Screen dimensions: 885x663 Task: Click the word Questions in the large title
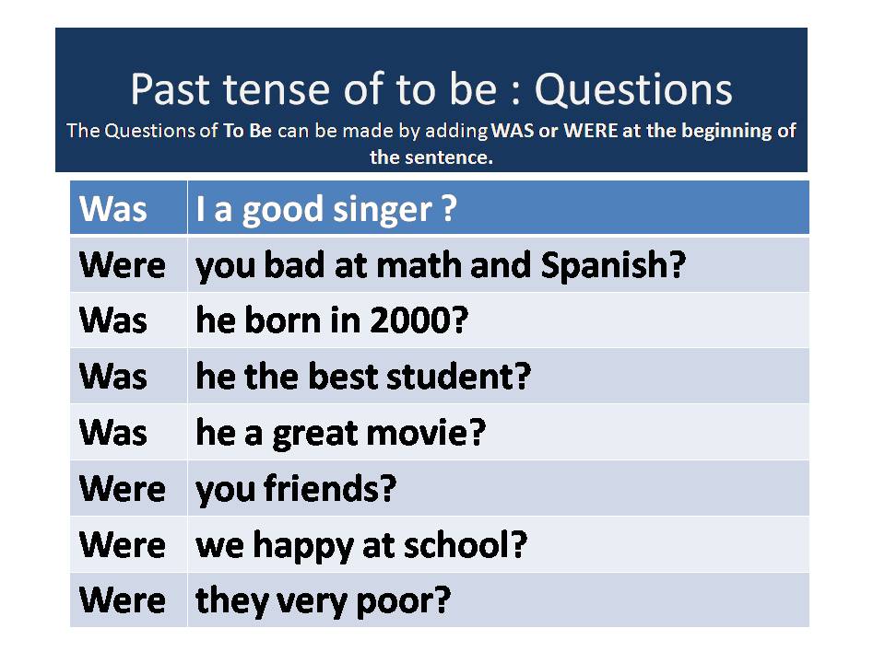[633, 89]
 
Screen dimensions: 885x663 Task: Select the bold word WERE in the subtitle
[591, 131]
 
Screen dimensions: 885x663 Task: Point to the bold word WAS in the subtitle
[512, 131]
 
